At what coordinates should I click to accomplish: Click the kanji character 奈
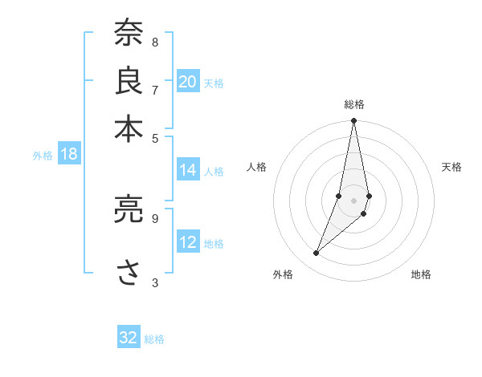tap(128, 33)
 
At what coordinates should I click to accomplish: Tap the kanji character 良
tap(128, 80)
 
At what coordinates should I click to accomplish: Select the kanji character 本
tap(128, 128)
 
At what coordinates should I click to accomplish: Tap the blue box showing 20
tap(188, 81)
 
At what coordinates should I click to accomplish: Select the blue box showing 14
tap(188, 170)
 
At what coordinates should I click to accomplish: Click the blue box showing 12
tap(188, 242)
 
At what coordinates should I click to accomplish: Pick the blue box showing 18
tap(69, 154)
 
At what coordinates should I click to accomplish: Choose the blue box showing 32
tap(129, 338)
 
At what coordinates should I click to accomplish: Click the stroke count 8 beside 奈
tap(155, 42)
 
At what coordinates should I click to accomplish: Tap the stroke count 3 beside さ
tap(155, 282)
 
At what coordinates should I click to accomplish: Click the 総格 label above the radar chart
tap(354, 104)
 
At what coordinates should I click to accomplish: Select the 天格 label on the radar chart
tap(451, 167)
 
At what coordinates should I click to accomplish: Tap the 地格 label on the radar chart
tap(421, 274)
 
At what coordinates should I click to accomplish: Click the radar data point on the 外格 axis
tap(317, 253)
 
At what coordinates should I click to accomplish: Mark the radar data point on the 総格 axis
tap(354, 121)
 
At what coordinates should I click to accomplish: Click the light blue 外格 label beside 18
tap(42, 156)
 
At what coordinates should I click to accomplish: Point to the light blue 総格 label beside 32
tap(154, 339)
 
